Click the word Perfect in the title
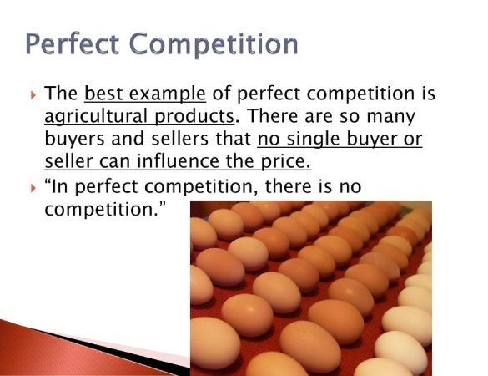pyautogui.click(x=73, y=44)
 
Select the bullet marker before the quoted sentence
pyautogui.click(x=33, y=188)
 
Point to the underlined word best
pyautogui.click(x=103, y=94)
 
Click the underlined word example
pyautogui.click(x=167, y=94)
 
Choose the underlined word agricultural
pyautogui.click(x=96, y=117)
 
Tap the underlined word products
pyautogui.click(x=194, y=117)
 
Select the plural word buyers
pyautogui.click(x=75, y=140)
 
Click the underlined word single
pyautogui.click(x=313, y=140)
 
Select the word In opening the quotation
pyautogui.click(x=60, y=187)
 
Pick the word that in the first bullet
pyautogui.click(x=234, y=139)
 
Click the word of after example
pyautogui.click(x=221, y=94)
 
